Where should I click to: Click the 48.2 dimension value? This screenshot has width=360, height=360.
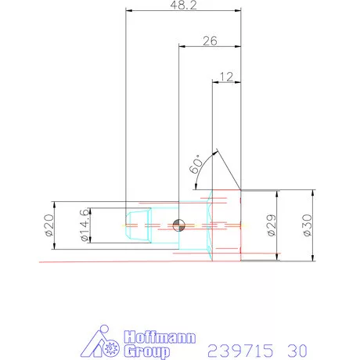[182, 5]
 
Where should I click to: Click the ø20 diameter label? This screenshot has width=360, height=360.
[48, 225]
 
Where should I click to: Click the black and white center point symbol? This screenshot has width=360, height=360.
[179, 225]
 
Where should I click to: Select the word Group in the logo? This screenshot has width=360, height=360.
[146, 352]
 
